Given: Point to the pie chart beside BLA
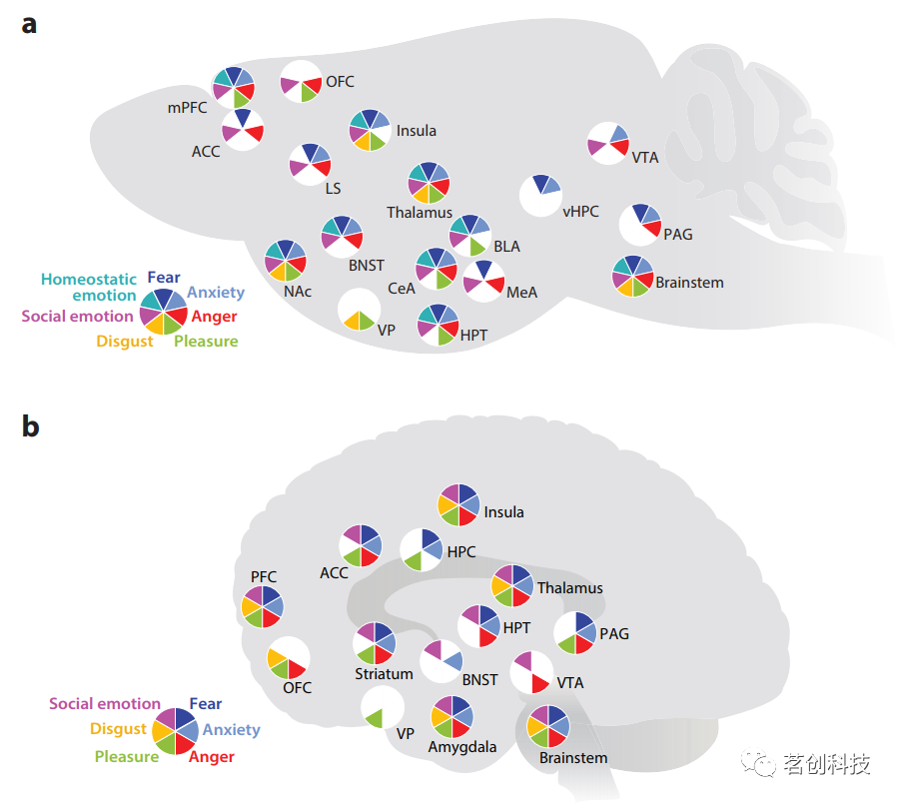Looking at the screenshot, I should [x=469, y=234].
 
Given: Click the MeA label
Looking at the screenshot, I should [x=521, y=292].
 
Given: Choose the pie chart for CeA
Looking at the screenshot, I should [x=436, y=268].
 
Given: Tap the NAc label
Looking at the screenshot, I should [x=298, y=292].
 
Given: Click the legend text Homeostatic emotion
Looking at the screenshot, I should [x=89, y=288].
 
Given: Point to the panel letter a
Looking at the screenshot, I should [x=30, y=24].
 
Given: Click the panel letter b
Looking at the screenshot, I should [x=31, y=426].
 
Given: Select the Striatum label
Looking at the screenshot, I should [x=384, y=674].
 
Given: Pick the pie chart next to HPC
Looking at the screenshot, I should [x=422, y=550].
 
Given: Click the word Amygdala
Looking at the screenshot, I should [x=462, y=746].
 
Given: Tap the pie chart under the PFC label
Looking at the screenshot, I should [x=263, y=606].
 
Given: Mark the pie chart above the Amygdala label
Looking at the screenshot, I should [x=451, y=716].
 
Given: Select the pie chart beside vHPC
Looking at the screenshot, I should [x=540, y=194].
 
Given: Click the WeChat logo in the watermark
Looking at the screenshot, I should [x=764, y=765].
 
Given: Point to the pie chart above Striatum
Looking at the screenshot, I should [x=375, y=642].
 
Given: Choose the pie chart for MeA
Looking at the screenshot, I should [x=483, y=281].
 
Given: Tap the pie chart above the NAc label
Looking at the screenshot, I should [x=285, y=260].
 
